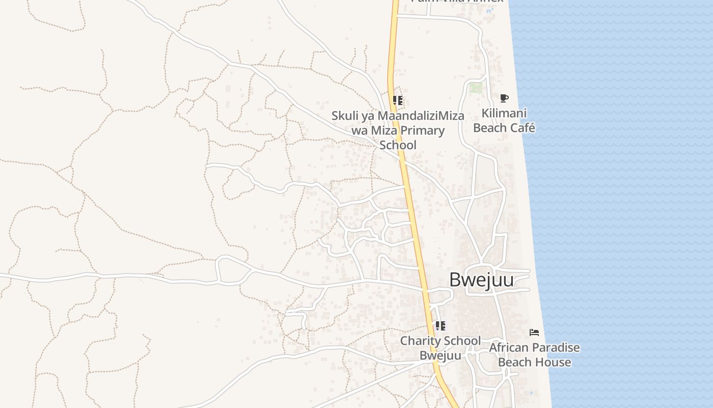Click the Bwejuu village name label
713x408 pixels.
[x=481, y=280]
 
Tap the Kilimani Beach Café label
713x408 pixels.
[x=504, y=120]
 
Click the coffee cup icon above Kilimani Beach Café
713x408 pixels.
[x=504, y=98]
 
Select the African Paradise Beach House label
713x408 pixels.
[x=534, y=355]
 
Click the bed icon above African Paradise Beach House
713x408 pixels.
[x=534, y=333]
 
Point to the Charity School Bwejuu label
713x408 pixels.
[x=440, y=348]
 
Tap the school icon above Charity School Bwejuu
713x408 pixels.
[x=440, y=325]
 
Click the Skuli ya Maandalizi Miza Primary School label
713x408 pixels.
[x=398, y=130]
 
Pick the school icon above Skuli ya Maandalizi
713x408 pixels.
[x=398, y=100]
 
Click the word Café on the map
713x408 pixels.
[x=519, y=128]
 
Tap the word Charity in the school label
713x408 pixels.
[x=418, y=341]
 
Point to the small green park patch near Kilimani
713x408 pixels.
[x=476, y=88]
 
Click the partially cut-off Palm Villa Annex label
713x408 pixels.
[x=457, y=2]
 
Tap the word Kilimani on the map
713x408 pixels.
[x=504, y=113]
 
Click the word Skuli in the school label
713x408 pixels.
[x=345, y=116]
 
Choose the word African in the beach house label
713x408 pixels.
[x=507, y=348]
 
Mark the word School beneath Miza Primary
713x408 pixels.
[x=398, y=145]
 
